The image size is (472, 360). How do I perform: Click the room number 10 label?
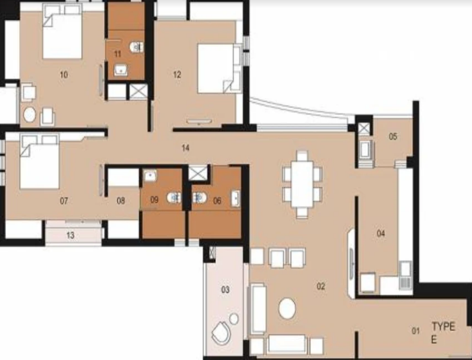(x=64, y=75)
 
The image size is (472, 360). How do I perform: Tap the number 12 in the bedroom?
(x=177, y=75)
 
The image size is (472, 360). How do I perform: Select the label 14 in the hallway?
(x=186, y=147)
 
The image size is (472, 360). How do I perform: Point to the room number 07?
(x=64, y=201)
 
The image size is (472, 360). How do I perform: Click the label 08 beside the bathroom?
(x=121, y=201)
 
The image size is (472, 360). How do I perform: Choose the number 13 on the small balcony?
(x=71, y=235)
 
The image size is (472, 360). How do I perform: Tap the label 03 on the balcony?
(x=225, y=290)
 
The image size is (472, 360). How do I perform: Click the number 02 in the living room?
(x=321, y=286)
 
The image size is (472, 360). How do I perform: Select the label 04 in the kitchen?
(x=381, y=233)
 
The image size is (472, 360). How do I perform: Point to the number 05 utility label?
(x=393, y=137)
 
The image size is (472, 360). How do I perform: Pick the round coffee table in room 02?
(x=288, y=309)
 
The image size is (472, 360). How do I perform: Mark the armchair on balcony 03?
(x=221, y=333)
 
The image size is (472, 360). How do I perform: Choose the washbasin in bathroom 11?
(x=122, y=69)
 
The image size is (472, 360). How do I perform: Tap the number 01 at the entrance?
(x=416, y=330)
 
